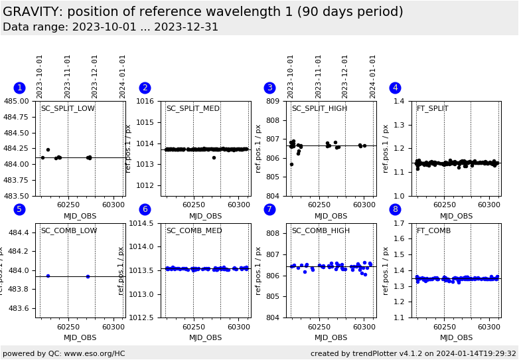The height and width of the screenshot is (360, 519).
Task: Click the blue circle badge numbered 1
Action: [x=19, y=88]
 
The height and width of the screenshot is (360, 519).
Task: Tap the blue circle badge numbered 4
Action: [x=395, y=88]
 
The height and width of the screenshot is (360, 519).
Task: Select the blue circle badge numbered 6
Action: [x=145, y=209]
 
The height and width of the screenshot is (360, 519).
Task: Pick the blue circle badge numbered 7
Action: [x=269, y=209]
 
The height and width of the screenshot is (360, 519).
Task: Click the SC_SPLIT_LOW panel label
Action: [x=68, y=109]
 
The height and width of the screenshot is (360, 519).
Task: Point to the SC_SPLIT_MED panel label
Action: [x=193, y=109]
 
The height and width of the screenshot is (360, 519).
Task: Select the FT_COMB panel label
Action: [x=433, y=231]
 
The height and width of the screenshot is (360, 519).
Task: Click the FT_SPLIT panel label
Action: [x=432, y=109]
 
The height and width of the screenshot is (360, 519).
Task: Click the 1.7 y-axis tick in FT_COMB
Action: [x=400, y=224]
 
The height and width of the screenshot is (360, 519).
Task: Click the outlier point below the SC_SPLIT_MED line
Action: [x=214, y=157]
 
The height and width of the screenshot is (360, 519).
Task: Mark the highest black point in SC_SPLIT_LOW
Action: [x=48, y=149]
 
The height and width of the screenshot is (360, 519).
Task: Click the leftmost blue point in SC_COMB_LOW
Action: [x=48, y=276]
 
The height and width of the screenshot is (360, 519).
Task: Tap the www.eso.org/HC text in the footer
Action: [x=93, y=353]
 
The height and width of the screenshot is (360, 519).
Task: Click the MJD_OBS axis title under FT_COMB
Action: [x=457, y=338]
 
